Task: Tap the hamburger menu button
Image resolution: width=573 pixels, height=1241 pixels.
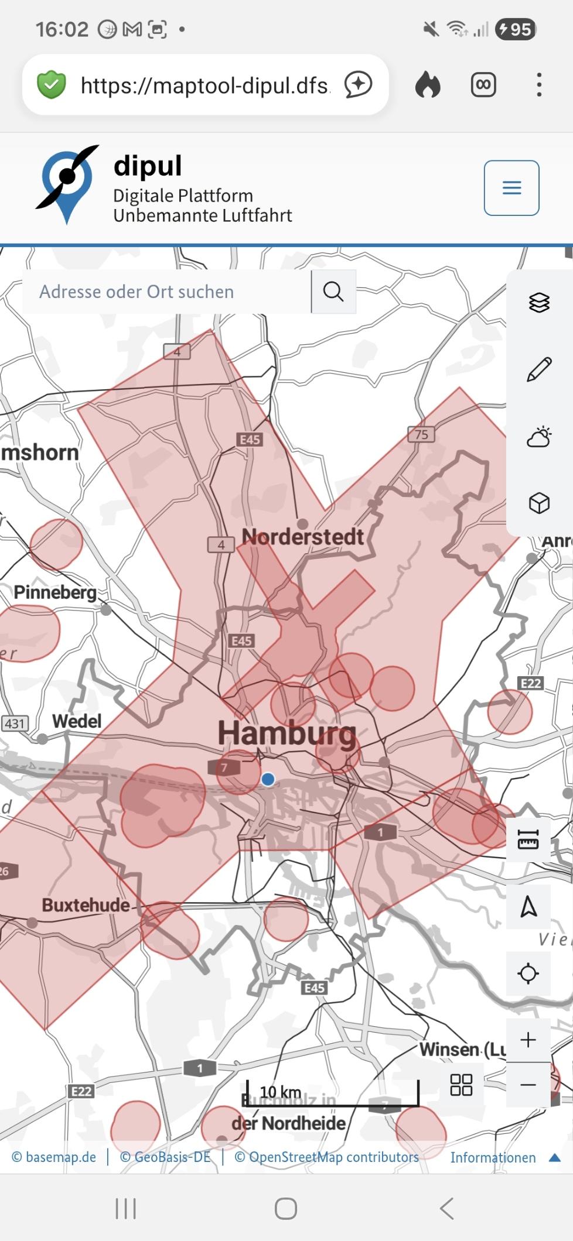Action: coord(511,188)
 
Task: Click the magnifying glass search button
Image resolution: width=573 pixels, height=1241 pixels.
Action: coord(333,292)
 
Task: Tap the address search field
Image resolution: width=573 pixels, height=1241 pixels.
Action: coord(166,292)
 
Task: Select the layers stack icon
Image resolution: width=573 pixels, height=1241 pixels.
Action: coord(539,303)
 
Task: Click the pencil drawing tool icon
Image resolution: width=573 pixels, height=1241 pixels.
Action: coord(539,369)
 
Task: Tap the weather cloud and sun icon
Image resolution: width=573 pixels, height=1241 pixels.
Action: coord(539,437)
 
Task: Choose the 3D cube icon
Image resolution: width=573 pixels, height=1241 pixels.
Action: coord(539,503)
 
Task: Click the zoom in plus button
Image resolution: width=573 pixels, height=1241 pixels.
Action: coord(528,1040)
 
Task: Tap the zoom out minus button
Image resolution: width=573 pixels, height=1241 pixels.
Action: coord(528,1085)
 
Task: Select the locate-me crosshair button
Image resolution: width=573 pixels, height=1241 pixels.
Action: coord(528,973)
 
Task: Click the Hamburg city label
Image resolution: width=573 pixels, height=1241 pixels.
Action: coord(286,733)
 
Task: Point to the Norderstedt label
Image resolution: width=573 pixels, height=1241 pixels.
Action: coord(303,537)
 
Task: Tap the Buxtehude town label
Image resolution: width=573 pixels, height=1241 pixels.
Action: coord(86,905)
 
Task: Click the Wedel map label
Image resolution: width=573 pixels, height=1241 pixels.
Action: coord(77,721)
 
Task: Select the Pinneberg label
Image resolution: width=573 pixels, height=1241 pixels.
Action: coord(55,592)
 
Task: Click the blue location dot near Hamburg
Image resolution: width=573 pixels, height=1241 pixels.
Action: coord(268,779)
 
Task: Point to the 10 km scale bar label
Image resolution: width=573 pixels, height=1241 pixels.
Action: coord(281,1092)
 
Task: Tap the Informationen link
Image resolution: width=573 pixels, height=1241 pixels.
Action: coord(493,1157)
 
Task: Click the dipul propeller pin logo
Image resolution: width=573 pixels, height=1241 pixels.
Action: coord(67,183)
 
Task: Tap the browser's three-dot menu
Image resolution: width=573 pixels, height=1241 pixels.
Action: coord(539,85)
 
